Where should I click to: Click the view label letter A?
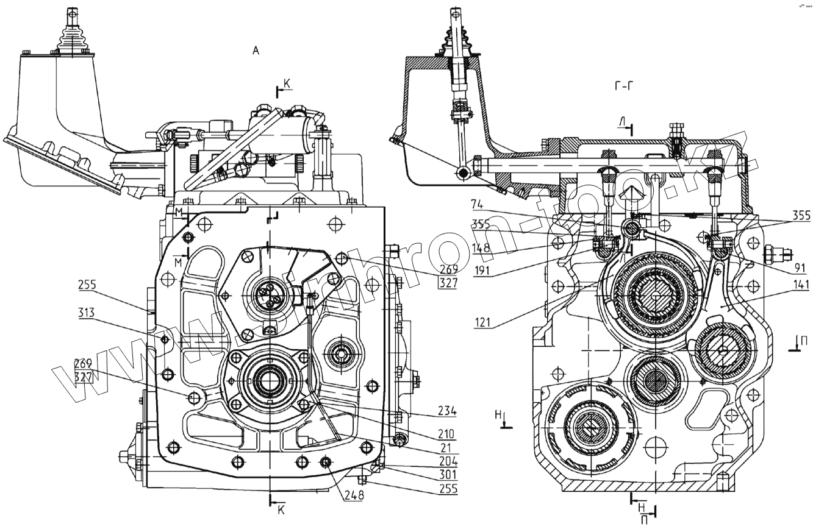coord(256,51)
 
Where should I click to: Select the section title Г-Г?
coord(623,86)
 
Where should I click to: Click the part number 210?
coord(446,434)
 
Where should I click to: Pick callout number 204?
coord(448,461)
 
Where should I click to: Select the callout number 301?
coord(448,475)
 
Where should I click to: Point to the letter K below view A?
coord(281,511)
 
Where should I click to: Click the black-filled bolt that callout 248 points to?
coord(326,463)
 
